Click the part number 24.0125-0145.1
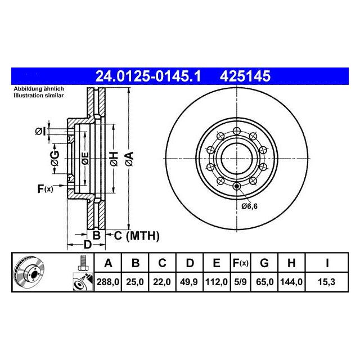pyautogui.click(x=148, y=76)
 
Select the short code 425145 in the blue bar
pyautogui.click(x=245, y=76)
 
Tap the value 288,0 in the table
pyautogui.click(x=107, y=282)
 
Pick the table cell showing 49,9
pyautogui.click(x=189, y=282)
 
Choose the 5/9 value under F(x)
pyautogui.click(x=240, y=282)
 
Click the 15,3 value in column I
pyautogui.click(x=326, y=282)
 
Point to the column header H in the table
pyautogui.click(x=291, y=263)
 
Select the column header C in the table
pyautogui.click(x=162, y=263)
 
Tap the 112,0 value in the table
pyautogui.click(x=216, y=282)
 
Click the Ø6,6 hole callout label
pyautogui.click(x=250, y=206)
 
